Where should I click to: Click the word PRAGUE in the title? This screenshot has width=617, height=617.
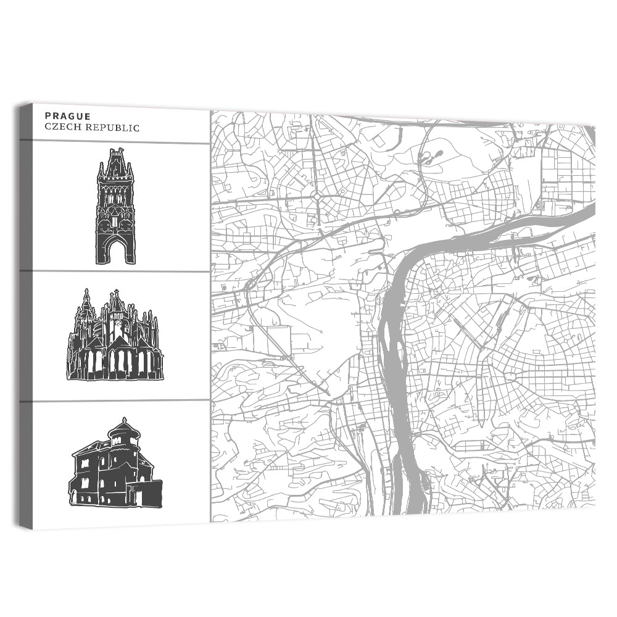point(68,116)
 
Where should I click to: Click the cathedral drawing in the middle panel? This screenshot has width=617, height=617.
point(115,336)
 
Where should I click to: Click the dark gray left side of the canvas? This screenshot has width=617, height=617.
point(26,315)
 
